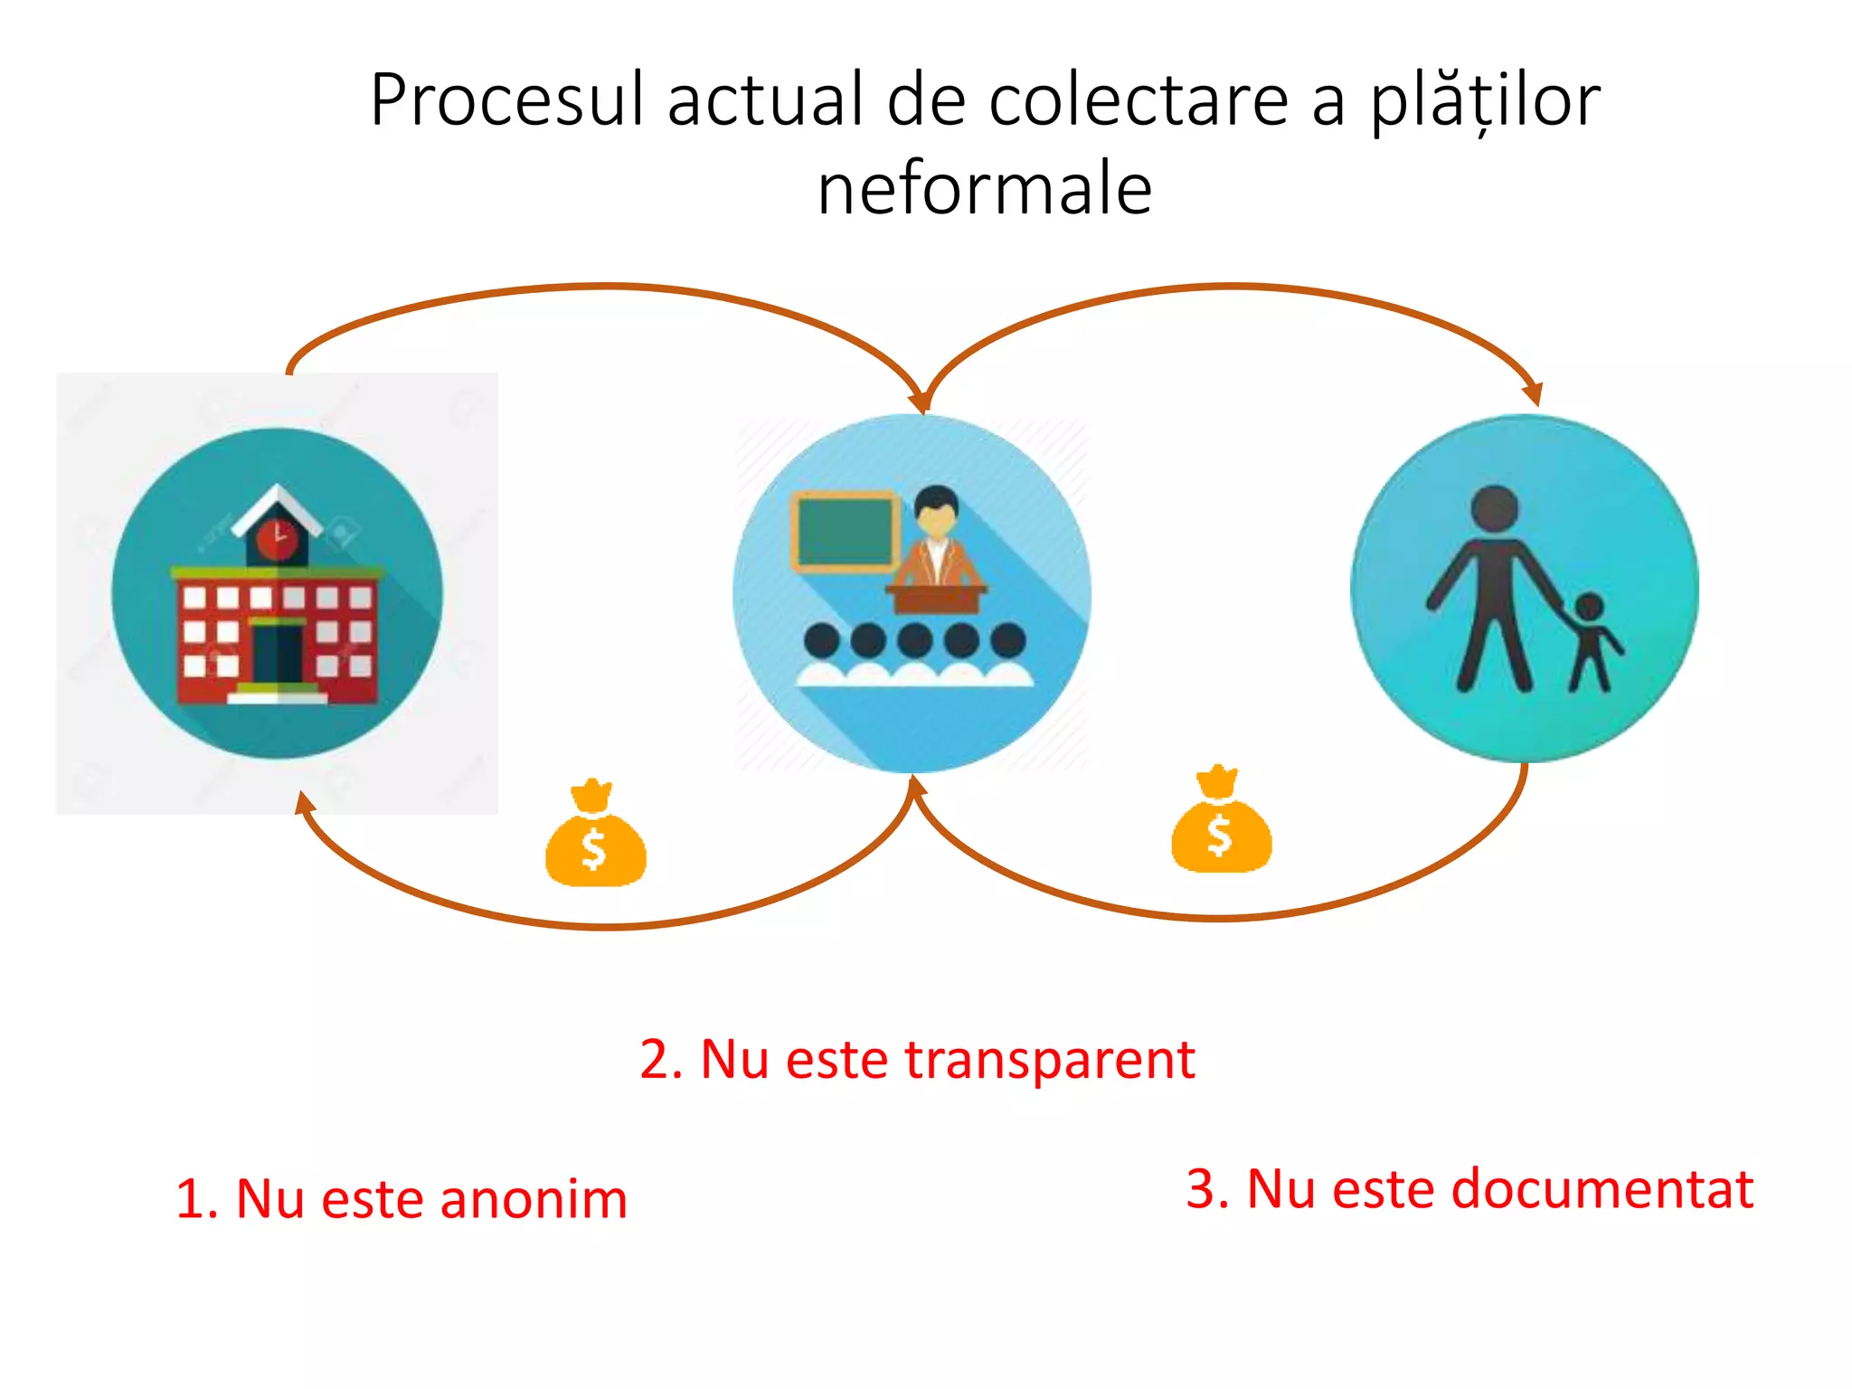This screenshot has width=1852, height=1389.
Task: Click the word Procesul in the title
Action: (506, 99)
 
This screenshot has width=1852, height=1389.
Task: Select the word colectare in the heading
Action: (1139, 99)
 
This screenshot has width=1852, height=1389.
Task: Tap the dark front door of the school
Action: (277, 655)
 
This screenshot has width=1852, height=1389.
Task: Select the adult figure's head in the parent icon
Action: (1494, 509)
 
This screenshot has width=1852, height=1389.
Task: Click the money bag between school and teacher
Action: (595, 836)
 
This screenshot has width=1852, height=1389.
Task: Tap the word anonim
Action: (534, 1200)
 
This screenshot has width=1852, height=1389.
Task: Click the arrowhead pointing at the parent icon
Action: (1532, 394)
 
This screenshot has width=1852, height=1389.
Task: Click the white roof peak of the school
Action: (277, 499)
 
